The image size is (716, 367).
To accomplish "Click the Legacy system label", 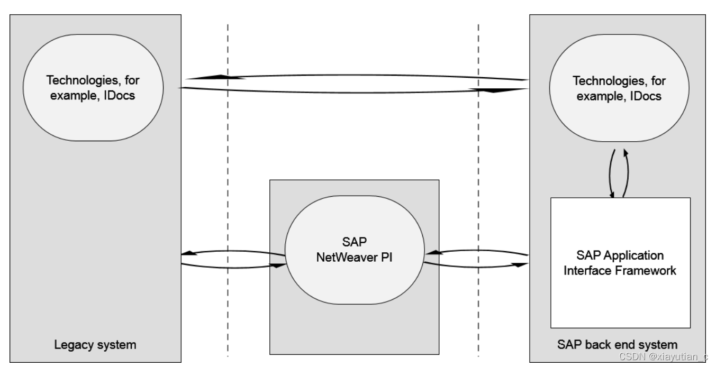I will coord(95,345).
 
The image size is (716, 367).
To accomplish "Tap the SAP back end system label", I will coord(617,344).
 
